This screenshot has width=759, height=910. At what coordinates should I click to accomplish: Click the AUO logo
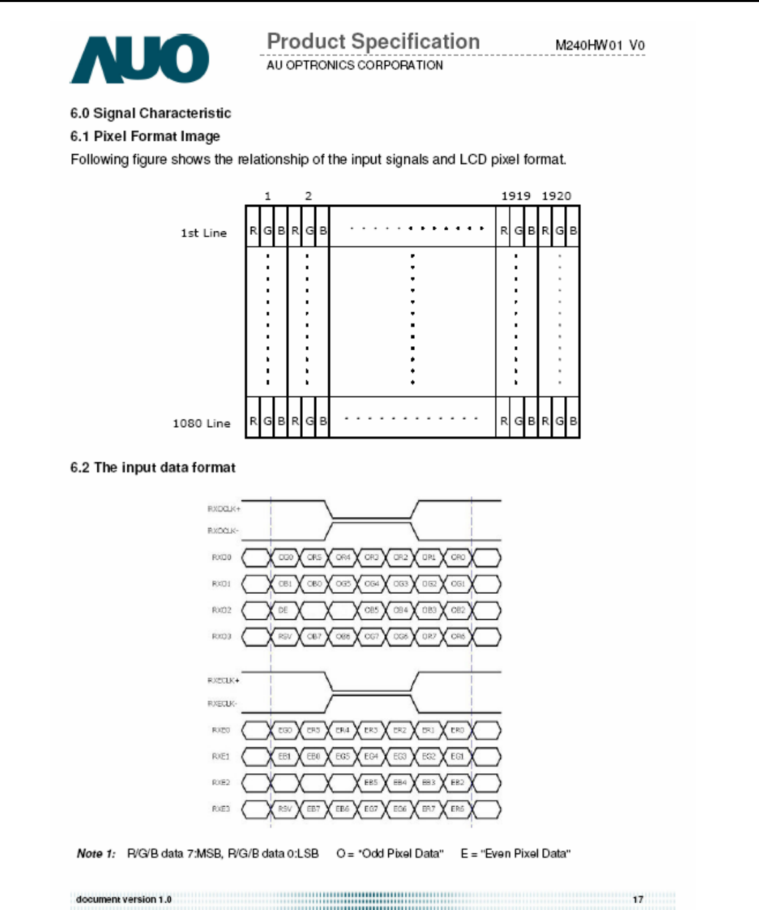[139, 59]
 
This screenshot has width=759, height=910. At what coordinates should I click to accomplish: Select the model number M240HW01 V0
[600, 45]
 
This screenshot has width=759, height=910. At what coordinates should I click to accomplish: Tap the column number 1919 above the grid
[516, 196]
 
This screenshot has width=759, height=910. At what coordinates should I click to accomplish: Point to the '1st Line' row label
[203, 233]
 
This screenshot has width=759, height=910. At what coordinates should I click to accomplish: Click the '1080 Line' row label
[201, 423]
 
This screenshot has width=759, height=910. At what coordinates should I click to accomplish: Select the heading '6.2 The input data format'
[153, 468]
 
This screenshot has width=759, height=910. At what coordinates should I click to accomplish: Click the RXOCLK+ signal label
[223, 509]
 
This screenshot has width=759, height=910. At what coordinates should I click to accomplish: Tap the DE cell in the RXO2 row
[283, 610]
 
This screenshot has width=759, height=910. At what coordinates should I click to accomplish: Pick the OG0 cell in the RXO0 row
[285, 557]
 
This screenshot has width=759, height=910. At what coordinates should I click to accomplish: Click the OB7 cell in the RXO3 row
[314, 636]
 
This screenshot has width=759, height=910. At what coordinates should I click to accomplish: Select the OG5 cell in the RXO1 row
[343, 584]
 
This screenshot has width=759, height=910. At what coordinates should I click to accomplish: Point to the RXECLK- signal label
[222, 704]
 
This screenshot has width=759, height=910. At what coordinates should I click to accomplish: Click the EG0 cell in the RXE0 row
[285, 731]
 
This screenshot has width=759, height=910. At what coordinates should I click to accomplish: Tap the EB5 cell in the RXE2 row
[371, 783]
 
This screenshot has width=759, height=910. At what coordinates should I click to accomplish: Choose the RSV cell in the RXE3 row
[285, 809]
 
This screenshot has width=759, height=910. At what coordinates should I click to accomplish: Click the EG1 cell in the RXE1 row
[458, 757]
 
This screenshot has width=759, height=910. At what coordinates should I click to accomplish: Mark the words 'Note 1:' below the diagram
[96, 853]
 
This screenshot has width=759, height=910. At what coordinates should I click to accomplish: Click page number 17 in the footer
[638, 899]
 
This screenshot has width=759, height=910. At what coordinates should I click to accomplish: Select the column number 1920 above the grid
[556, 196]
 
